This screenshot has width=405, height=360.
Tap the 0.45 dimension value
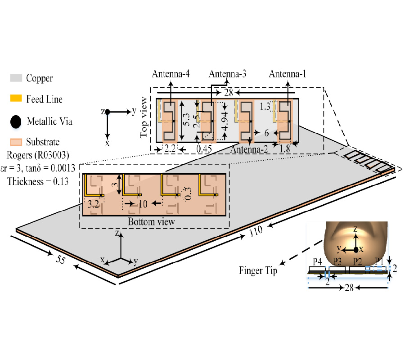203,148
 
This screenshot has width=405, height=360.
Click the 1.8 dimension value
285,148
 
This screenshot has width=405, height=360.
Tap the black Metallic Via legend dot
16,121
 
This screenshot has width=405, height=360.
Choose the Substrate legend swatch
16,142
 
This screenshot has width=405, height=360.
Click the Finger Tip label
258,271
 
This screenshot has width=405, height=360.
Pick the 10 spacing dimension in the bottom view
143,203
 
